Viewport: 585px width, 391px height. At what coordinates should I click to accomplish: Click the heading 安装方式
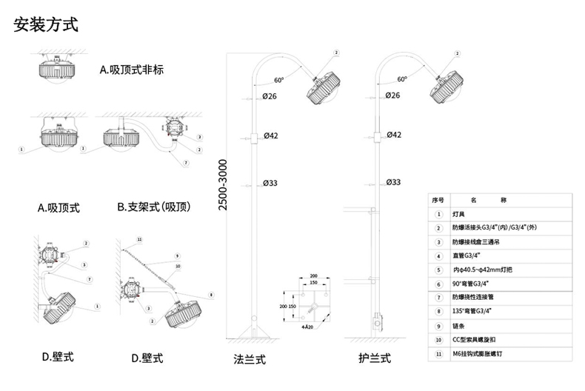click(x=45, y=24)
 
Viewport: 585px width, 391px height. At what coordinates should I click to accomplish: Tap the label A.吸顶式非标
click(x=131, y=71)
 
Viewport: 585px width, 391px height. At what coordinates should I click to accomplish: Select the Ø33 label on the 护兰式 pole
click(x=394, y=182)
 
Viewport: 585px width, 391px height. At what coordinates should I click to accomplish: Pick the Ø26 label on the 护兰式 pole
click(x=393, y=96)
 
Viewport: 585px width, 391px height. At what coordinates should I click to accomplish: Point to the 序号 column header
click(x=437, y=200)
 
